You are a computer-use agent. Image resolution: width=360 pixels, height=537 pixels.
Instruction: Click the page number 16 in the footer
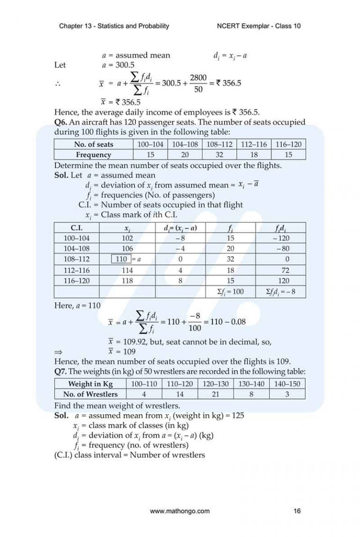(x=297, y=511)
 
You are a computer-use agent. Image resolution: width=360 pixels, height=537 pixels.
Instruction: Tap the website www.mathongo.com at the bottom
(x=180, y=511)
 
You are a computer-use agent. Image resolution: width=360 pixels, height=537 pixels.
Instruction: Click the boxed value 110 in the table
(x=121, y=259)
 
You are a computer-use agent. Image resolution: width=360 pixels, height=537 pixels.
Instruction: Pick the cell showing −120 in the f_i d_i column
(x=283, y=238)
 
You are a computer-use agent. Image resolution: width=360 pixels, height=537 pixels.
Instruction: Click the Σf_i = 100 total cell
(x=230, y=292)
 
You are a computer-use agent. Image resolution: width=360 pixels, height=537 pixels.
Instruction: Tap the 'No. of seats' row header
(x=93, y=144)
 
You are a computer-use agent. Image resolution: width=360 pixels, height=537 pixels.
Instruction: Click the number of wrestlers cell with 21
(x=216, y=394)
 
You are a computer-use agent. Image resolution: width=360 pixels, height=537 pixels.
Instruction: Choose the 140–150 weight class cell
(x=287, y=384)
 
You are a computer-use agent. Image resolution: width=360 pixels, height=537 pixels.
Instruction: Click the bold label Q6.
(x=62, y=122)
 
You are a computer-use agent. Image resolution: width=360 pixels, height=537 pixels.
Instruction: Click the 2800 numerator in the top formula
(x=198, y=78)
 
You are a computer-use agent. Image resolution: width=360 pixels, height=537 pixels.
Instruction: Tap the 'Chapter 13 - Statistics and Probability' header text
(x=114, y=26)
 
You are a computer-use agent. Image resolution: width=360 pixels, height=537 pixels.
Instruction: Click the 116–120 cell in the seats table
(x=288, y=144)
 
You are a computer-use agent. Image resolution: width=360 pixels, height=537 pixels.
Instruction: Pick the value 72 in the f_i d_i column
(x=285, y=270)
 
